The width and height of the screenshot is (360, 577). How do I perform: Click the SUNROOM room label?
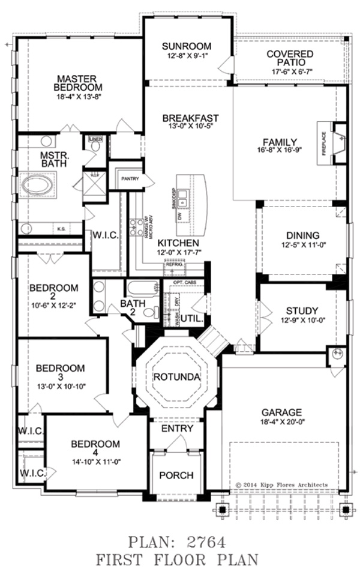[188, 46]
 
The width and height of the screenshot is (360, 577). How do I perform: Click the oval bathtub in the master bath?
[38, 184]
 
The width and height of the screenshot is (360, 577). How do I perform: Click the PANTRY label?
[130, 178]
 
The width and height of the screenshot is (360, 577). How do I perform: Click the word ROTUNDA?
[173, 376]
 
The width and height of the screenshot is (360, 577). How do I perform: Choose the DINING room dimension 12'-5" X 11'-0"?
[302, 246]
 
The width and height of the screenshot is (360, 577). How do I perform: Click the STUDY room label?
[302, 310]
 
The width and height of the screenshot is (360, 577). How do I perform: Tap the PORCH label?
[176, 476]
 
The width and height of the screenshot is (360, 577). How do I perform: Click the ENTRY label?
[177, 429]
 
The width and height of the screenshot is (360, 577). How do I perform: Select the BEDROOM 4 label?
[95, 444]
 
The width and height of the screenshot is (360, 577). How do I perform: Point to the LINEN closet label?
[96, 139]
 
